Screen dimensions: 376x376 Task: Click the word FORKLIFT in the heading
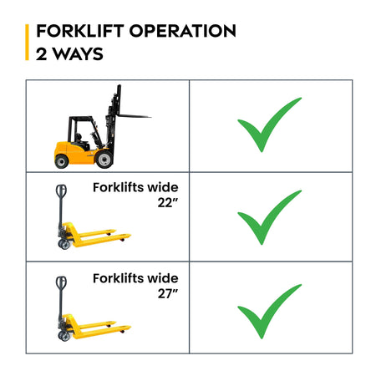[80, 31]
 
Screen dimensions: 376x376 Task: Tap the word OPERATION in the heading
[183, 31]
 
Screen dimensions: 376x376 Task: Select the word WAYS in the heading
[79, 54]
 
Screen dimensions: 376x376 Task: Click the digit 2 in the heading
[41, 54]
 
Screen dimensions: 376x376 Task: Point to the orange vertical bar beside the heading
[27, 42]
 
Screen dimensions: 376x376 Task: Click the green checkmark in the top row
[269, 124]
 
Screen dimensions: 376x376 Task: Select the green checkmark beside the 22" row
[269, 217]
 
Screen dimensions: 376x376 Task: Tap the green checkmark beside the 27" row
[269, 311]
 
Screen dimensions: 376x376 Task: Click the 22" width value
[168, 203]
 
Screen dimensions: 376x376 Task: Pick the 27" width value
[168, 293]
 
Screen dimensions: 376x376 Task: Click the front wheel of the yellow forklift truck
[104, 160]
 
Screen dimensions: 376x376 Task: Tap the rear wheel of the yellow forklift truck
[62, 161]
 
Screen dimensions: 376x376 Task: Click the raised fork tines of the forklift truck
[135, 116]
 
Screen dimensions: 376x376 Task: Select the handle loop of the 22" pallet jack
[61, 191]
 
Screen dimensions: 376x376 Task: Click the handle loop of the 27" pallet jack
[61, 283]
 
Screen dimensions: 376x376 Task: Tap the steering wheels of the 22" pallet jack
[64, 245]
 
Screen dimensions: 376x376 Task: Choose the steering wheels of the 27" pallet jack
[64, 336]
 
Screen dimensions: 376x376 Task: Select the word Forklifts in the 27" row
[119, 278]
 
